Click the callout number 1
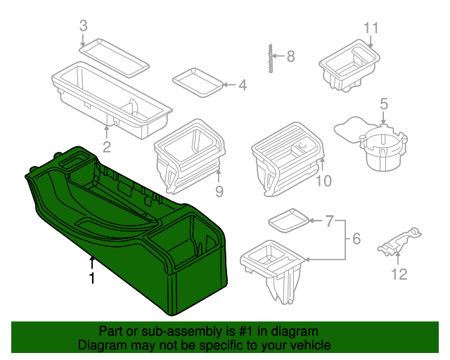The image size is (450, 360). [x=91, y=278]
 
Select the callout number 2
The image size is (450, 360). [x=107, y=147]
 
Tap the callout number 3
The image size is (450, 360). [x=83, y=26]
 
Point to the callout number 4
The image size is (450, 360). [x=243, y=86]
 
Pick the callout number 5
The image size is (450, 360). [x=383, y=104]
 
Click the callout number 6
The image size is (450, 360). [x=356, y=239]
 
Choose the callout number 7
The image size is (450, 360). [x=329, y=221]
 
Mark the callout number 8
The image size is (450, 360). [x=290, y=56]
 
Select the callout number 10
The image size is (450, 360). [x=323, y=182]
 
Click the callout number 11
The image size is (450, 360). [x=371, y=28]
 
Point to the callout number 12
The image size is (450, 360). [x=399, y=274]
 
